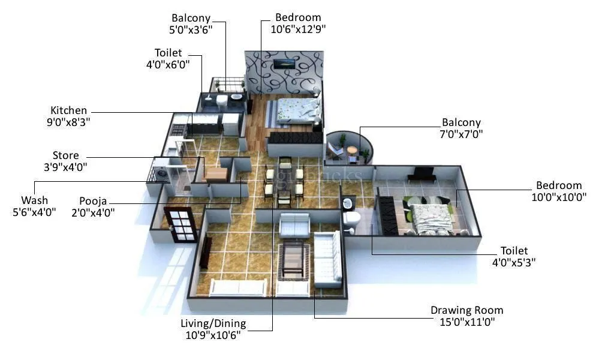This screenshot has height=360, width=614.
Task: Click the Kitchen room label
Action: point(68,110)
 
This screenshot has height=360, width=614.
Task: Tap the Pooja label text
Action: point(93,201)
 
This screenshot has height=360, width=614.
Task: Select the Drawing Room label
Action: point(466,310)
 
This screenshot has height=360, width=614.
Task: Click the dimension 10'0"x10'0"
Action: point(559,196)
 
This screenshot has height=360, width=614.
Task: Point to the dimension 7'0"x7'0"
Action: point(462,134)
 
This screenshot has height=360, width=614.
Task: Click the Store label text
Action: point(65,156)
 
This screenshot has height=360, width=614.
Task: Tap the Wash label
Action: point(34,200)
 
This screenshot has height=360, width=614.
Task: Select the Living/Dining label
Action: point(213,324)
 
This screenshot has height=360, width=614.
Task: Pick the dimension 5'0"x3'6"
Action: point(191,29)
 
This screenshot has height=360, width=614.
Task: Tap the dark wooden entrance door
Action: point(180,224)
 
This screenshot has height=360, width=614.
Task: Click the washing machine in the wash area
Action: point(164,175)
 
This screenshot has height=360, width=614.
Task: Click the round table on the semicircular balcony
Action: point(352,150)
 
